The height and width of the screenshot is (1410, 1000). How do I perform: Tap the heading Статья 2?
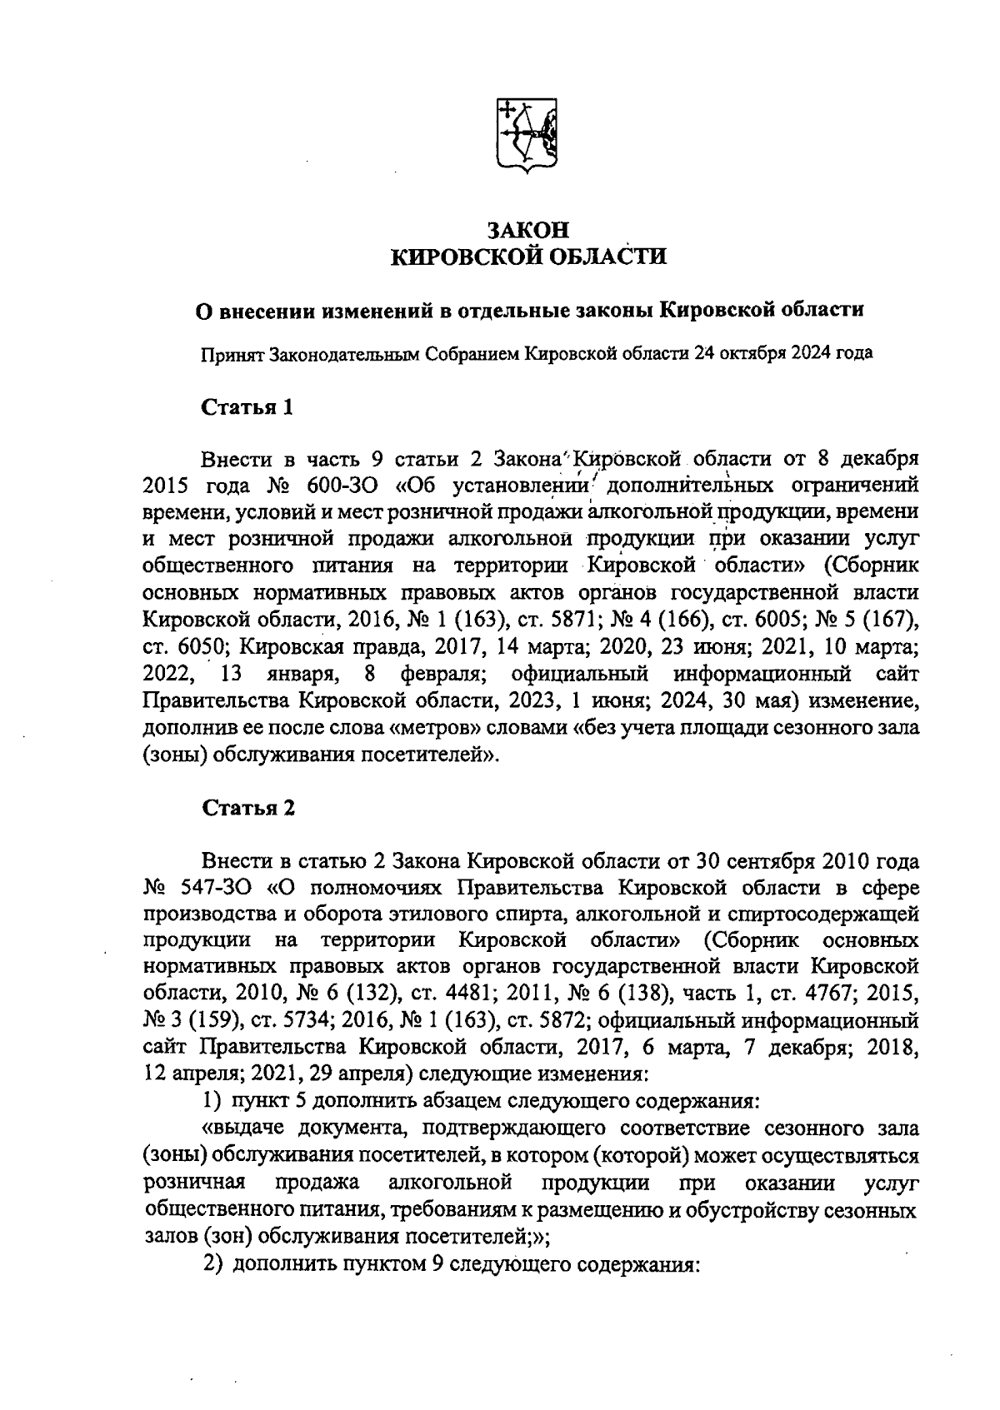[247, 809]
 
